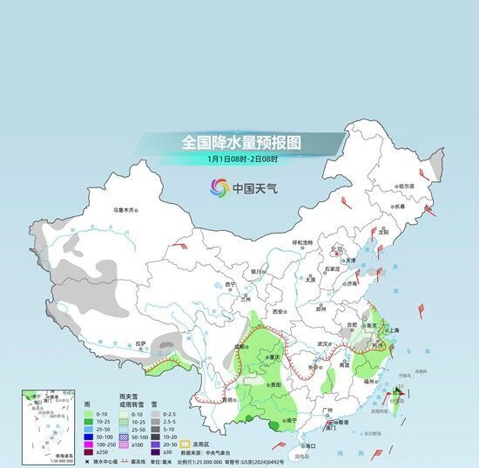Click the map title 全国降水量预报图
pyautogui.click(x=239, y=141)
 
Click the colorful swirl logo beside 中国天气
pyautogui.click(x=219, y=187)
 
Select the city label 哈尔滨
pyautogui.click(x=406, y=186)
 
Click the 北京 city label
pyautogui.click(x=337, y=250)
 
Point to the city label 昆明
pyautogui.click(x=229, y=400)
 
